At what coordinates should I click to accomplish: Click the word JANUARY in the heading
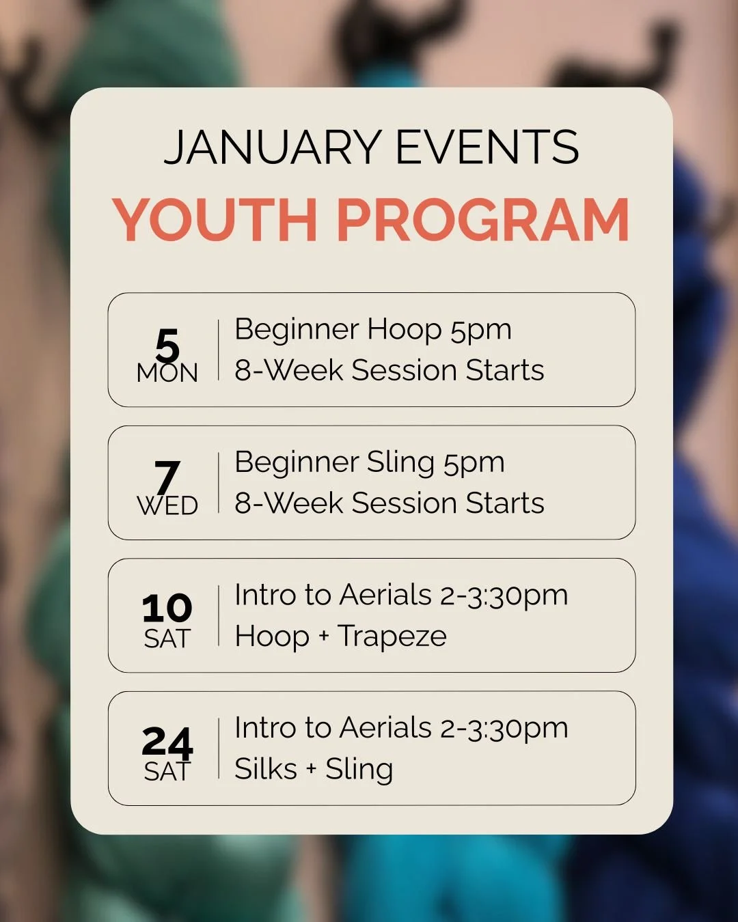tap(272, 148)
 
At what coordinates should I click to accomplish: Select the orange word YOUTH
tap(215, 220)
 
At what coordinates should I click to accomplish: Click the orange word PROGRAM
tap(482, 220)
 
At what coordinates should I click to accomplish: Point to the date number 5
tap(167, 345)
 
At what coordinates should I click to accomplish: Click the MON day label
tap(167, 374)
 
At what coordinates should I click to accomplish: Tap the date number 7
tap(167, 476)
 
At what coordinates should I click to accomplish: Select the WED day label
tap(167, 506)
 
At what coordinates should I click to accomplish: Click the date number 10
tap(167, 608)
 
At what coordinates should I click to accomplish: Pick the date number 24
tap(167, 741)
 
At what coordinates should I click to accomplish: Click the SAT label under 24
tap(167, 772)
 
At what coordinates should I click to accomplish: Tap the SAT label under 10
tap(167, 639)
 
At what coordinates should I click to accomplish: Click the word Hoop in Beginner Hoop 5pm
tap(405, 330)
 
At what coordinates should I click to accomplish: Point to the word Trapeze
tap(392, 637)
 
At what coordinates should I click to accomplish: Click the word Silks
tap(266, 769)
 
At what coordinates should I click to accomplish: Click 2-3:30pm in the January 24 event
tap(504, 729)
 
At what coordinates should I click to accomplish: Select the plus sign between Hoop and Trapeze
tap(323, 637)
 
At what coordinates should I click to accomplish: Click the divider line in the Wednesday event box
tap(219, 482)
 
